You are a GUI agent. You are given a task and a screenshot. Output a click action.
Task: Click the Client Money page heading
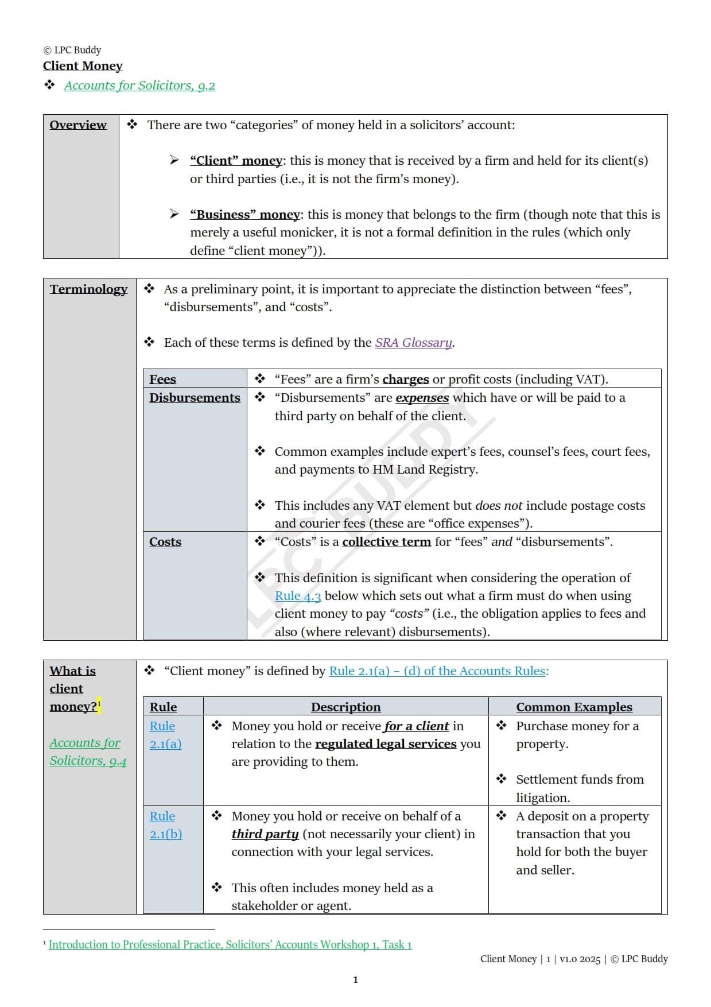pos(83,66)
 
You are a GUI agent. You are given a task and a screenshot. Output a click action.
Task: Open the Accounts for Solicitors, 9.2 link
pos(139,86)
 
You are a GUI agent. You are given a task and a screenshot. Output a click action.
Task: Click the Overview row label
pos(78,125)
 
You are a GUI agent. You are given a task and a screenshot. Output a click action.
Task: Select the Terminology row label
pos(88,289)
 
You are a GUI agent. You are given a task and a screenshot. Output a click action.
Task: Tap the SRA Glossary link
pos(414,343)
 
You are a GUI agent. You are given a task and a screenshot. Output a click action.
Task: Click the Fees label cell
pos(163,379)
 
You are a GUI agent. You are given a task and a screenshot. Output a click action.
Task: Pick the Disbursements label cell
pos(195,398)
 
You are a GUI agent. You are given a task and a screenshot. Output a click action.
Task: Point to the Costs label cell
pos(165,542)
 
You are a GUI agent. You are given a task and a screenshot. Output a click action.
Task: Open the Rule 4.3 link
pos(297,596)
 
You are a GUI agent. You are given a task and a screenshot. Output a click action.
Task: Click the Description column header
pos(345,707)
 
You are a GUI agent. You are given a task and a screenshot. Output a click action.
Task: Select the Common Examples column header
pos(574,707)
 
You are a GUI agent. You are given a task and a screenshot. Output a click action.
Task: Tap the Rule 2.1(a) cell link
pos(165,735)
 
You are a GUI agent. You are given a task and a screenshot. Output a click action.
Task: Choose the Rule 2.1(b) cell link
pos(165,825)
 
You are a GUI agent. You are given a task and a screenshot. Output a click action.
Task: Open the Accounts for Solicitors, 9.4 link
pos(87,752)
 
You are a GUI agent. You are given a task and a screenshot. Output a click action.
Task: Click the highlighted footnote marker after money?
pos(99,704)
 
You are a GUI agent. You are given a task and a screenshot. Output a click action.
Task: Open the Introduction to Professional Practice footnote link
pos(230,944)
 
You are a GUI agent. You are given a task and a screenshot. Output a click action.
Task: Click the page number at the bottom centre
pos(355,979)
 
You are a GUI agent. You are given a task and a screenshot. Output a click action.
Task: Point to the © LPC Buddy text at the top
pos(72,50)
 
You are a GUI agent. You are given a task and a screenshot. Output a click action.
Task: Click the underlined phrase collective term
pos(386,542)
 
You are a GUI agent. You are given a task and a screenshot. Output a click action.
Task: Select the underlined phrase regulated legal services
pos(386,744)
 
